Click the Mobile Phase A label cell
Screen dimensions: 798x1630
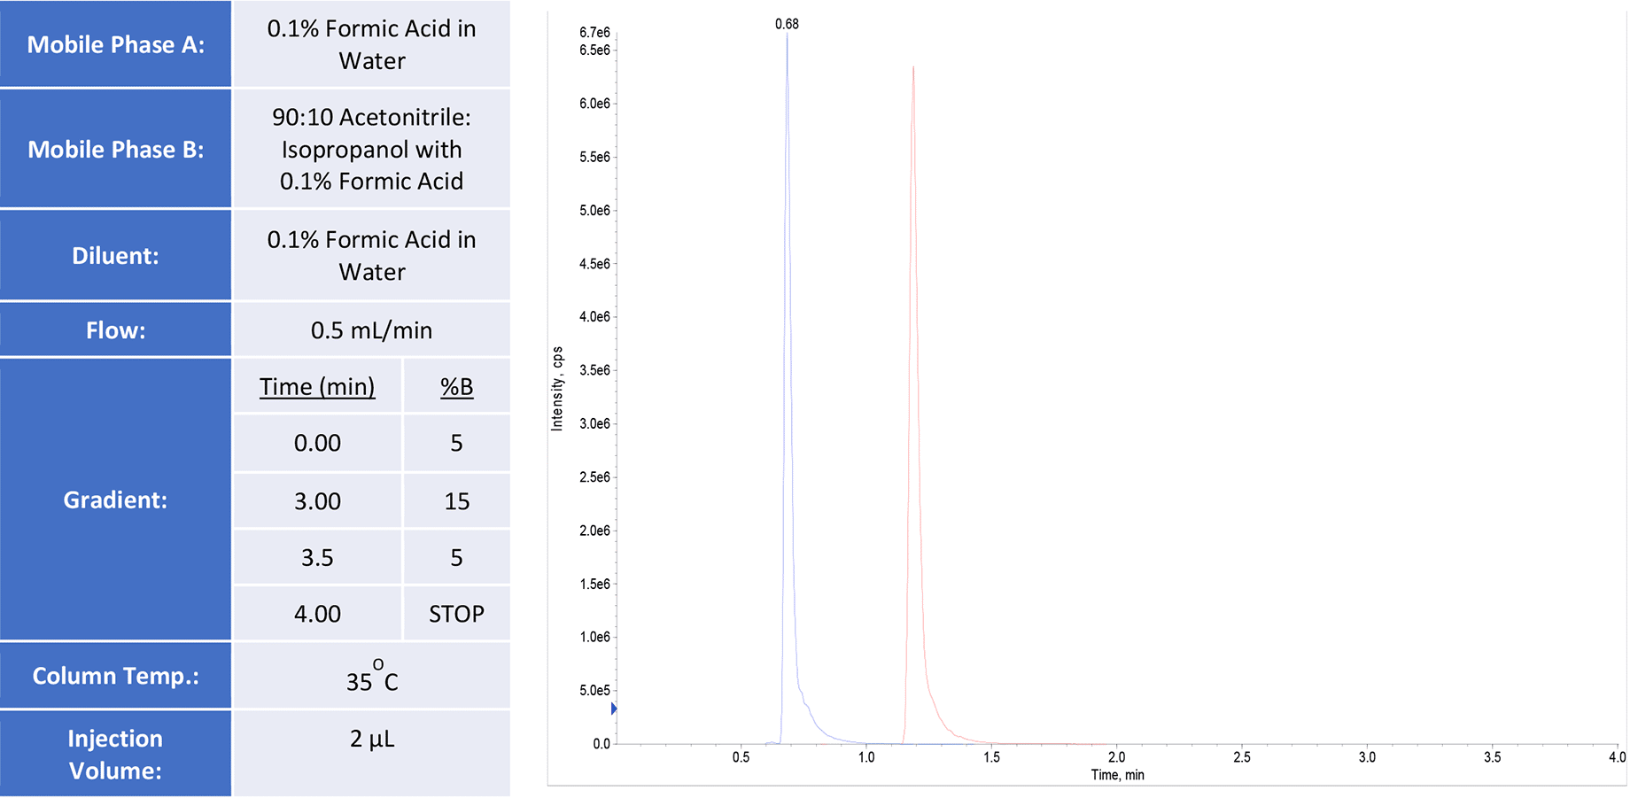pyautogui.click(x=115, y=44)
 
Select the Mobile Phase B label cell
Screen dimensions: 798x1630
pyautogui.click(x=115, y=149)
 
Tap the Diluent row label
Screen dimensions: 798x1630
pyautogui.click(x=115, y=256)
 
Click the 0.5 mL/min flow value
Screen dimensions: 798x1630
pyautogui.click(x=371, y=330)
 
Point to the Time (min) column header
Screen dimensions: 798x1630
pyautogui.click(x=317, y=387)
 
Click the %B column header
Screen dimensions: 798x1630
pyautogui.click(x=456, y=387)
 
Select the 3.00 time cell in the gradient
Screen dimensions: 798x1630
pyautogui.click(x=317, y=501)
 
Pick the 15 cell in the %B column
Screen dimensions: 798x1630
pyautogui.click(x=456, y=501)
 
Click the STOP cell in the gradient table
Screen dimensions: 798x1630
pyautogui.click(x=456, y=614)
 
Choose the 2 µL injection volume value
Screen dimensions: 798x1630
pyautogui.click(x=371, y=739)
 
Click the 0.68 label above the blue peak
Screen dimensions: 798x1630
pyautogui.click(x=787, y=24)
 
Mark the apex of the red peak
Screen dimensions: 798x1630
pyautogui.click(x=913, y=66)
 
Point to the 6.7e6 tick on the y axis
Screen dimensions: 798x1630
pyautogui.click(x=594, y=33)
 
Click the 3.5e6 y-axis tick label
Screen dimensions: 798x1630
pyautogui.click(x=594, y=370)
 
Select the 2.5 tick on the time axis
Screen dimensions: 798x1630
pyautogui.click(x=1242, y=757)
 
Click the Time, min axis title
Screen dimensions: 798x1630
pyautogui.click(x=1117, y=775)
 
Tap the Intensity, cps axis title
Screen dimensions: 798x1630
pyautogui.click(x=557, y=389)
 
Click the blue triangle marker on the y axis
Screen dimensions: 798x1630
pyautogui.click(x=614, y=709)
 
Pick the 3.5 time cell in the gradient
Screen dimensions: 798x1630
pyautogui.click(x=317, y=558)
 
